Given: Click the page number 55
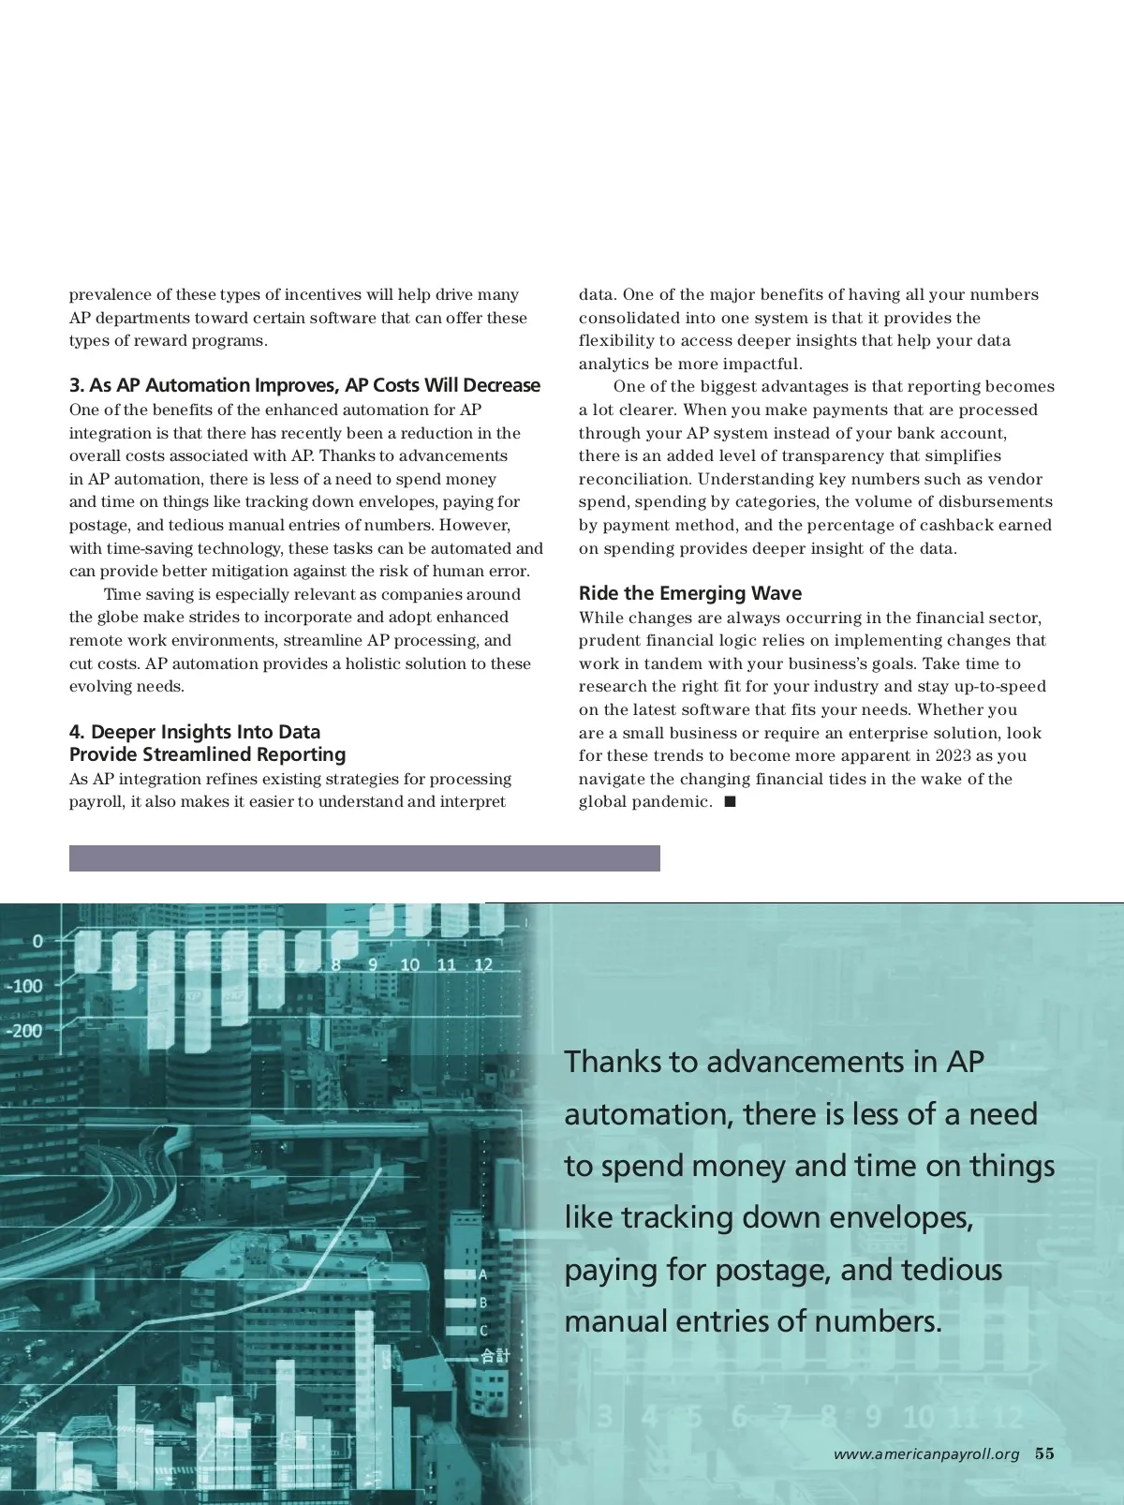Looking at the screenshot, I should [1044, 1453].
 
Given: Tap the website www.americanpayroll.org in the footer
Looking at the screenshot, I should [925, 1454].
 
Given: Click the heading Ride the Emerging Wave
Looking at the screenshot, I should [689, 593].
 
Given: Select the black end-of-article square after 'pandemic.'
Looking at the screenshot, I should [731, 802].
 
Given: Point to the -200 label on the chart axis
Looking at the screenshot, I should [25, 1031].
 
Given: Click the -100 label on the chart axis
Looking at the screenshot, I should [25, 986].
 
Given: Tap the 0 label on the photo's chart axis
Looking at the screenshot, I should [37, 941].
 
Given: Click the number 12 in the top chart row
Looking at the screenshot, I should [483, 964].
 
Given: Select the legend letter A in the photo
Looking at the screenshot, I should [482, 1274].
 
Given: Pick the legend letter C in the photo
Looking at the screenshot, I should [483, 1331].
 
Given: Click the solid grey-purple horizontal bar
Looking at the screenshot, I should [364, 858].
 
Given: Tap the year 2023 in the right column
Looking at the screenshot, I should [954, 756].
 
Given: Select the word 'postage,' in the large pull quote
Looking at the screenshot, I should [773, 1270].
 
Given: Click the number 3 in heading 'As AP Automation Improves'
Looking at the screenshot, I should [75, 385].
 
